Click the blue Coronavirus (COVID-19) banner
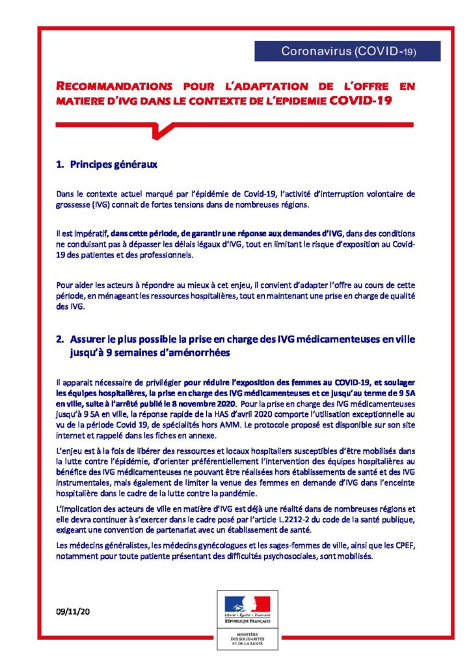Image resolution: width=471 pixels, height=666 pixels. click(x=347, y=51)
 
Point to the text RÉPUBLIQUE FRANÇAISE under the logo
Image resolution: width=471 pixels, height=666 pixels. click(x=247, y=621)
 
